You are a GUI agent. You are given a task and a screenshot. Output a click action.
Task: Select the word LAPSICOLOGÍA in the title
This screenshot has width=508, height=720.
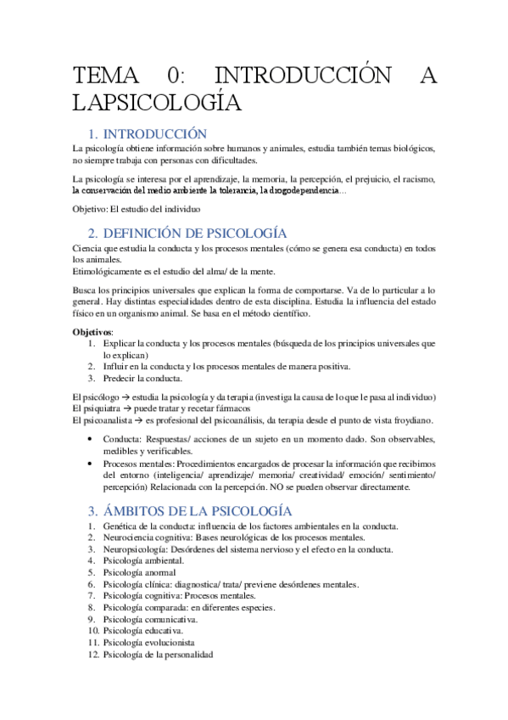tap(157, 104)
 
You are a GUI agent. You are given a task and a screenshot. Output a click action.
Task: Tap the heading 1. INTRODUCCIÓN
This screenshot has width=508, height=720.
tap(148, 134)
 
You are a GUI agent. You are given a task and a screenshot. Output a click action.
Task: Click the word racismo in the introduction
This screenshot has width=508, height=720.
tap(416, 180)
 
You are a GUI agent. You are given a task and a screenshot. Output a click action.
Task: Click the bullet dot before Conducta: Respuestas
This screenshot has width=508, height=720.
tap(91, 439)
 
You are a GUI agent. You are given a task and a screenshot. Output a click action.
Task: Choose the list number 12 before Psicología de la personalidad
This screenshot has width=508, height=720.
tap(93, 655)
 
